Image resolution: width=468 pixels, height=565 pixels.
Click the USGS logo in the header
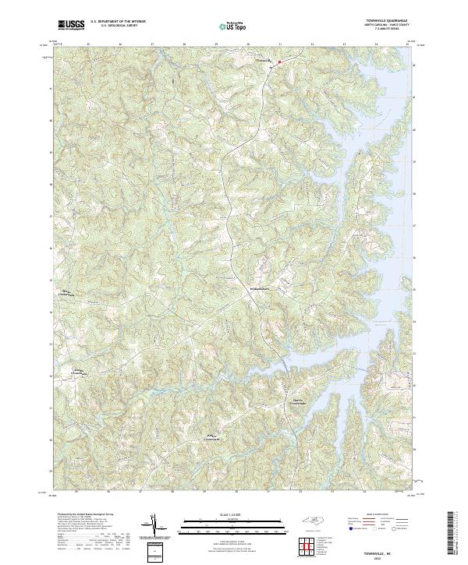coord(69,26)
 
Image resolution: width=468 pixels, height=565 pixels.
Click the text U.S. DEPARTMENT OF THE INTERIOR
coord(117,22)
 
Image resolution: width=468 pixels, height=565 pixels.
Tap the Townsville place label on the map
coord(264,59)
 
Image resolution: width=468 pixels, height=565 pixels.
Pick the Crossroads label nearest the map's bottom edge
coord(214,436)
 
